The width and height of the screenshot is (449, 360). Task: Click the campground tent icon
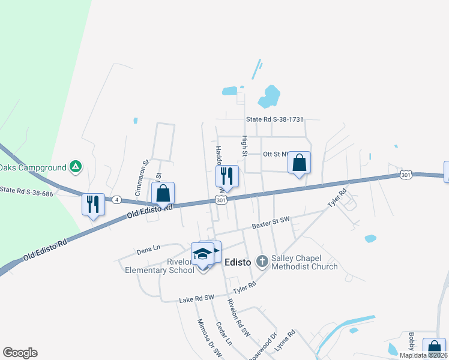(75, 166)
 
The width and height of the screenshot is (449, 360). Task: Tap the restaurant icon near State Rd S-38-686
(93, 204)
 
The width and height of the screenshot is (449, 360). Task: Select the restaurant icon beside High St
(227, 176)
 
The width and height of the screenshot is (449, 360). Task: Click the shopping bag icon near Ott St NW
(299, 162)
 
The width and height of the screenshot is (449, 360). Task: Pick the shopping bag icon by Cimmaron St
(163, 193)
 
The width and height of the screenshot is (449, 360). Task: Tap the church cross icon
(262, 261)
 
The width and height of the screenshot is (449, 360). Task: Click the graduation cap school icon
(203, 254)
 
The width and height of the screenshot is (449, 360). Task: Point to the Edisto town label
(241, 262)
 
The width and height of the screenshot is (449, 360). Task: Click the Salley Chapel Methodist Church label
(304, 262)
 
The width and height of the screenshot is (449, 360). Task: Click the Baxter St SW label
(271, 223)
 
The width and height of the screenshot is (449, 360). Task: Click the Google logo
(20, 353)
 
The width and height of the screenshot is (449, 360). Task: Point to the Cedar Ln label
(224, 334)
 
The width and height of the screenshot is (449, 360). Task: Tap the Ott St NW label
(277, 154)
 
